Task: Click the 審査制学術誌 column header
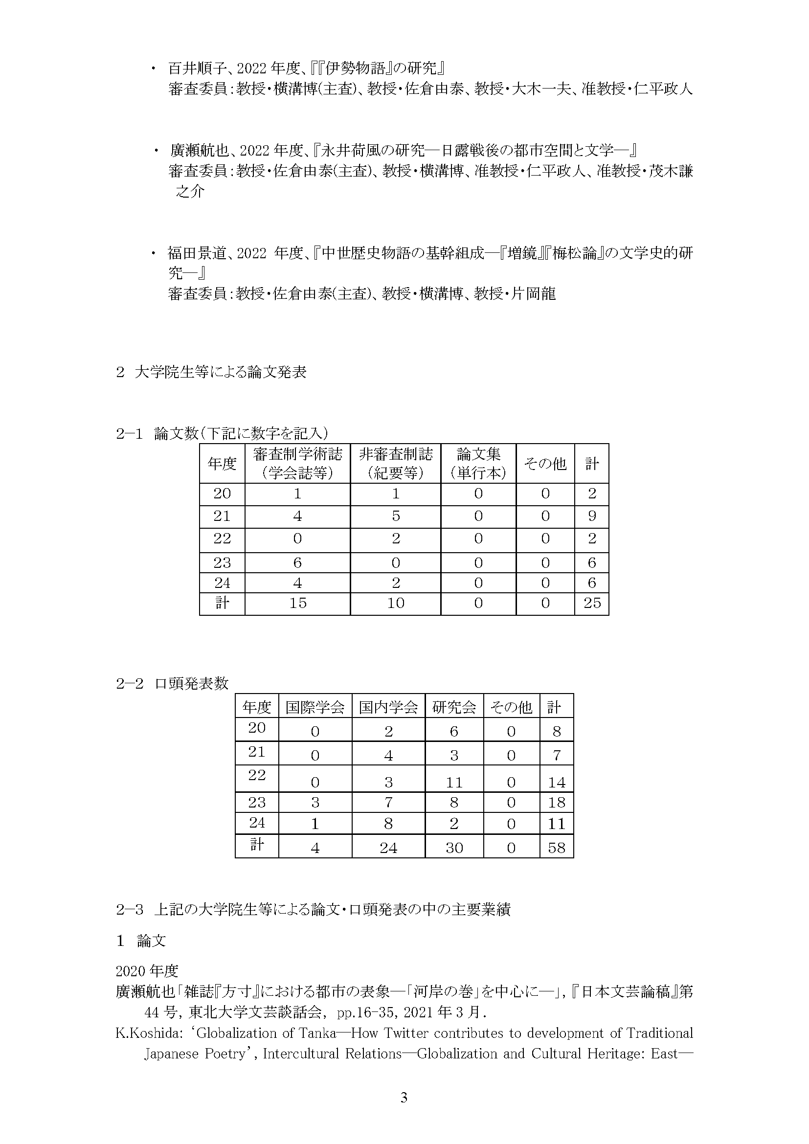tap(297, 463)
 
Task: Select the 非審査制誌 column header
tap(396, 463)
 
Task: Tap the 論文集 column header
tap(478, 463)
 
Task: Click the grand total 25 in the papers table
tap(592, 603)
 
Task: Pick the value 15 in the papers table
tap(297, 603)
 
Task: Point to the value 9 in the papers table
tap(592, 516)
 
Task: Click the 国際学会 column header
tap(315, 707)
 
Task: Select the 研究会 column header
tap(454, 707)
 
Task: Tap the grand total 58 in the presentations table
tap(557, 848)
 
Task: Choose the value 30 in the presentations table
tap(454, 848)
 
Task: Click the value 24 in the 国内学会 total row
tap(388, 848)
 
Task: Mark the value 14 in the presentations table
tap(557, 782)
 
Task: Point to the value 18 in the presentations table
tap(557, 802)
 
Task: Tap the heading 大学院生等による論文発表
tap(220, 372)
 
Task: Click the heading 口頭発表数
tap(191, 683)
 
